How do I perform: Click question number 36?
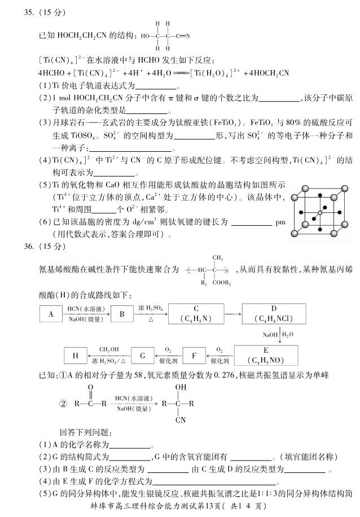(26, 247)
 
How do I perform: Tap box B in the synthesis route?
(121, 314)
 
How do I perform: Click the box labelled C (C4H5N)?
(196, 314)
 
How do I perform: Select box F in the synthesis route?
(194, 356)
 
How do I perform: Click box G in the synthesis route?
(142, 356)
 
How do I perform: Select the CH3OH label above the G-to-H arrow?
(108, 349)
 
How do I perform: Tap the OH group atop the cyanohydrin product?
(180, 388)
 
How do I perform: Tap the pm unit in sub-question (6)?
(281, 222)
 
